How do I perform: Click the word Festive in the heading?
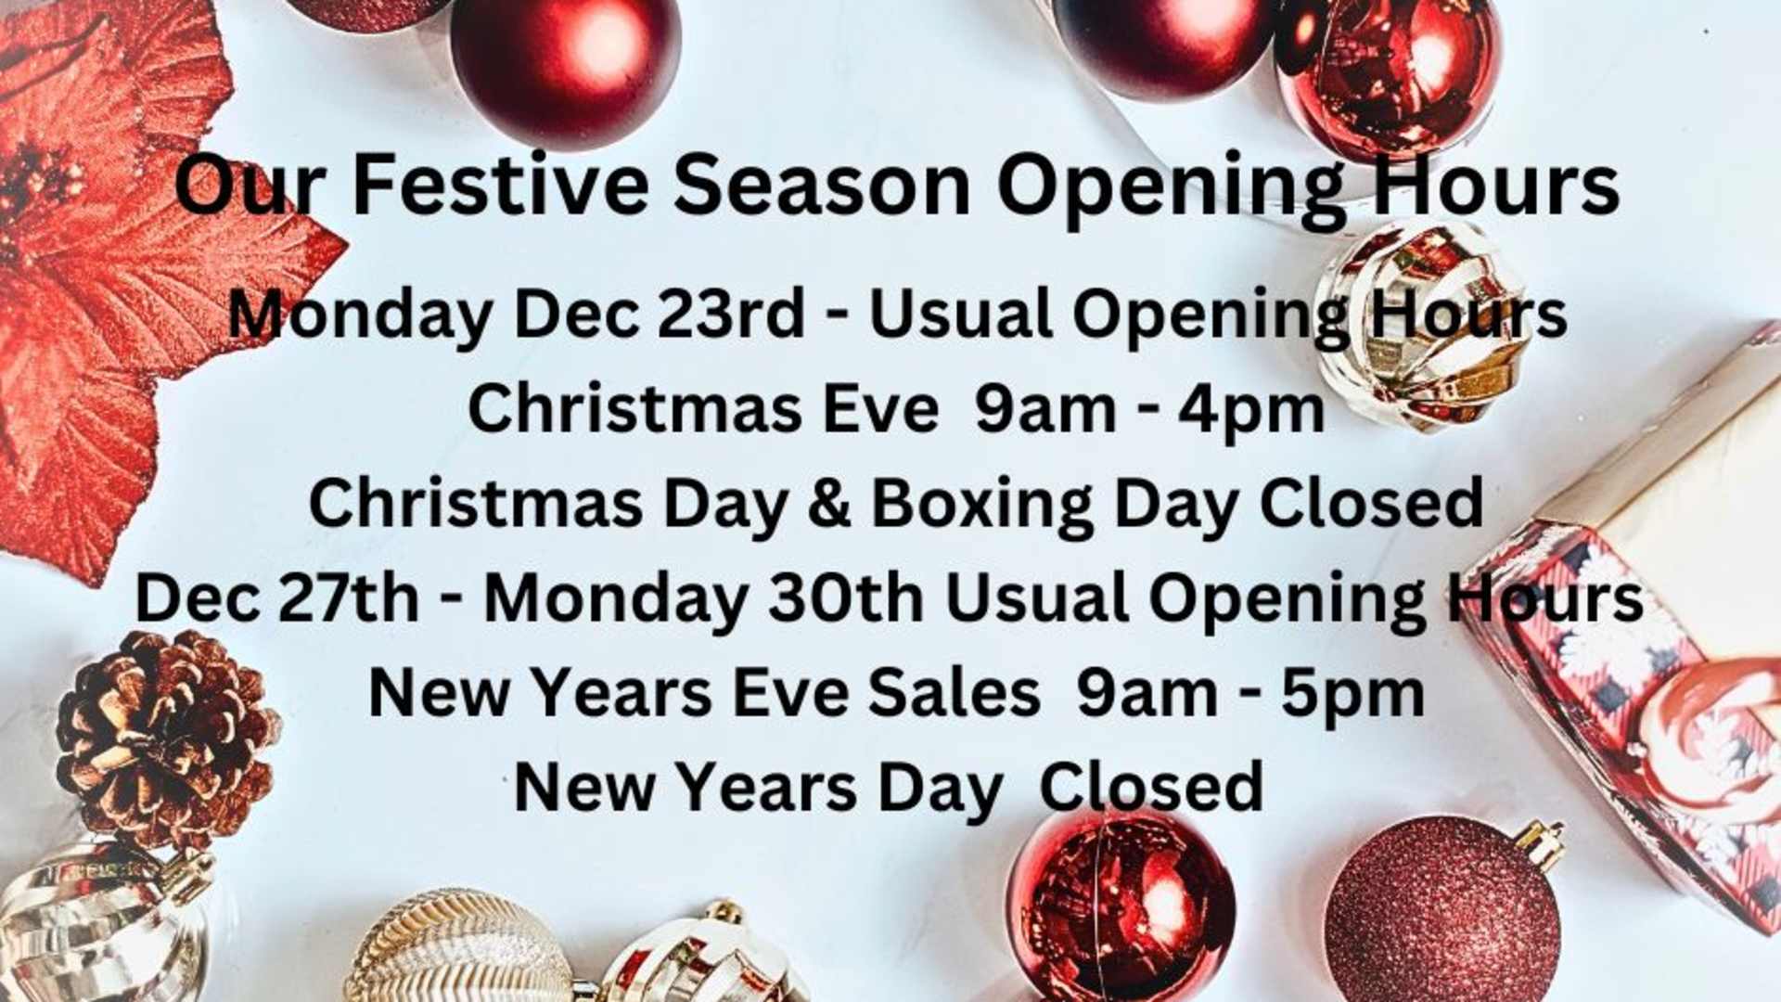tap(500, 185)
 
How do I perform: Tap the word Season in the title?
tap(822, 185)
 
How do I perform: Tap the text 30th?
tap(845, 598)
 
